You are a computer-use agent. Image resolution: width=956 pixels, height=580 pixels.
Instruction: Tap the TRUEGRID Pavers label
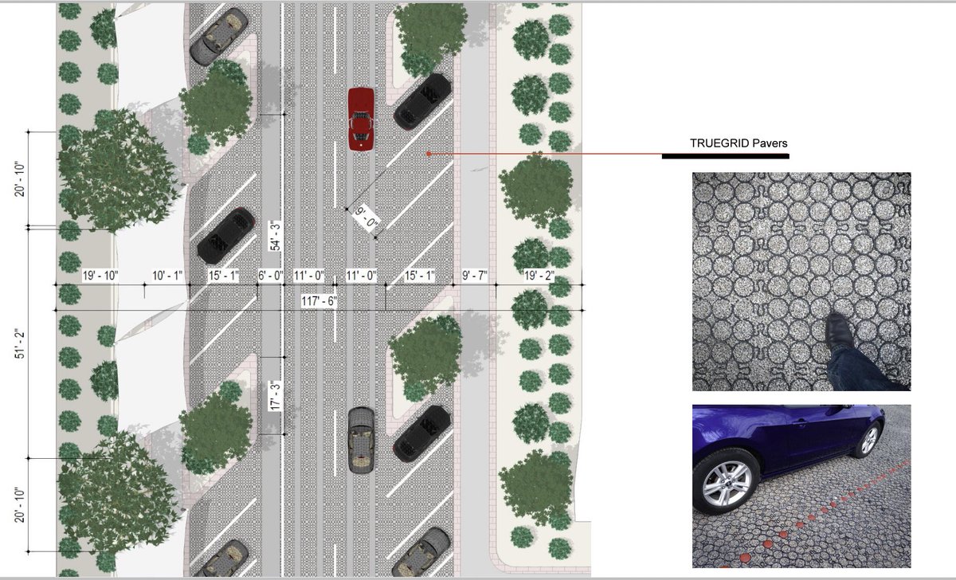[x=738, y=143]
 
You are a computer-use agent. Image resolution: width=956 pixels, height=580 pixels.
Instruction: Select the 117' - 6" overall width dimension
[x=319, y=301]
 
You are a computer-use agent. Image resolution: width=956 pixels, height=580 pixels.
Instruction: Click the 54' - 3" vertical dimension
[x=275, y=236]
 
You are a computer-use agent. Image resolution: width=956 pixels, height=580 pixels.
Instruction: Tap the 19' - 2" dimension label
[x=539, y=276]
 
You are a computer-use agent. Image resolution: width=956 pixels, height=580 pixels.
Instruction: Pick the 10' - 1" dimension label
[x=167, y=276]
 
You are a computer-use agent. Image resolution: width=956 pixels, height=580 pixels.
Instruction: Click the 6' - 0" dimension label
[x=271, y=276]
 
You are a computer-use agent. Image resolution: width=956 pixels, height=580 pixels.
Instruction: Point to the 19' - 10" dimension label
[x=100, y=276]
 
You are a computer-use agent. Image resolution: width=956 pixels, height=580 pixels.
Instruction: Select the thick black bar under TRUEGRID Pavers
[x=725, y=156]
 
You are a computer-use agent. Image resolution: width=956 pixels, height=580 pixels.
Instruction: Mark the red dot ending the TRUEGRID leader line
[x=428, y=152]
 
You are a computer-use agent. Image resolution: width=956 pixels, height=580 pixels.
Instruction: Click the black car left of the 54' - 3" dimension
[x=225, y=236]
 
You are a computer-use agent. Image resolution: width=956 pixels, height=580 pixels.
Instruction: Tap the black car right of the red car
[x=421, y=101]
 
